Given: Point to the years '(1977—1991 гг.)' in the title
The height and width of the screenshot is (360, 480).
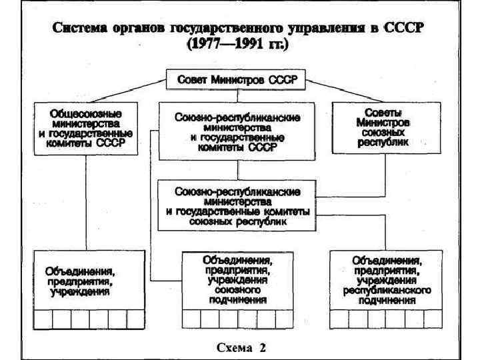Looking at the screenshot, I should point(239,45).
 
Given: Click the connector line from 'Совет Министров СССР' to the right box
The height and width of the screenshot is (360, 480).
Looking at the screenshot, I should point(337,89).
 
